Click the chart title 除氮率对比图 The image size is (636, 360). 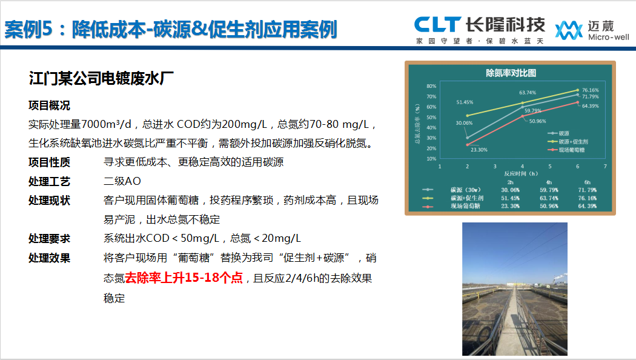[x=511, y=73]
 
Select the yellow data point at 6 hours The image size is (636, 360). [x=578, y=90]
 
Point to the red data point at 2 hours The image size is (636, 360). [x=467, y=144]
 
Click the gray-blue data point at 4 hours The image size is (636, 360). [x=522, y=107]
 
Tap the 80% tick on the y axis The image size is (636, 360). [x=432, y=86]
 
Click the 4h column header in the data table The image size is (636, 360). [x=549, y=182]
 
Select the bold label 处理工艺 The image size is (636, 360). [x=49, y=181]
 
